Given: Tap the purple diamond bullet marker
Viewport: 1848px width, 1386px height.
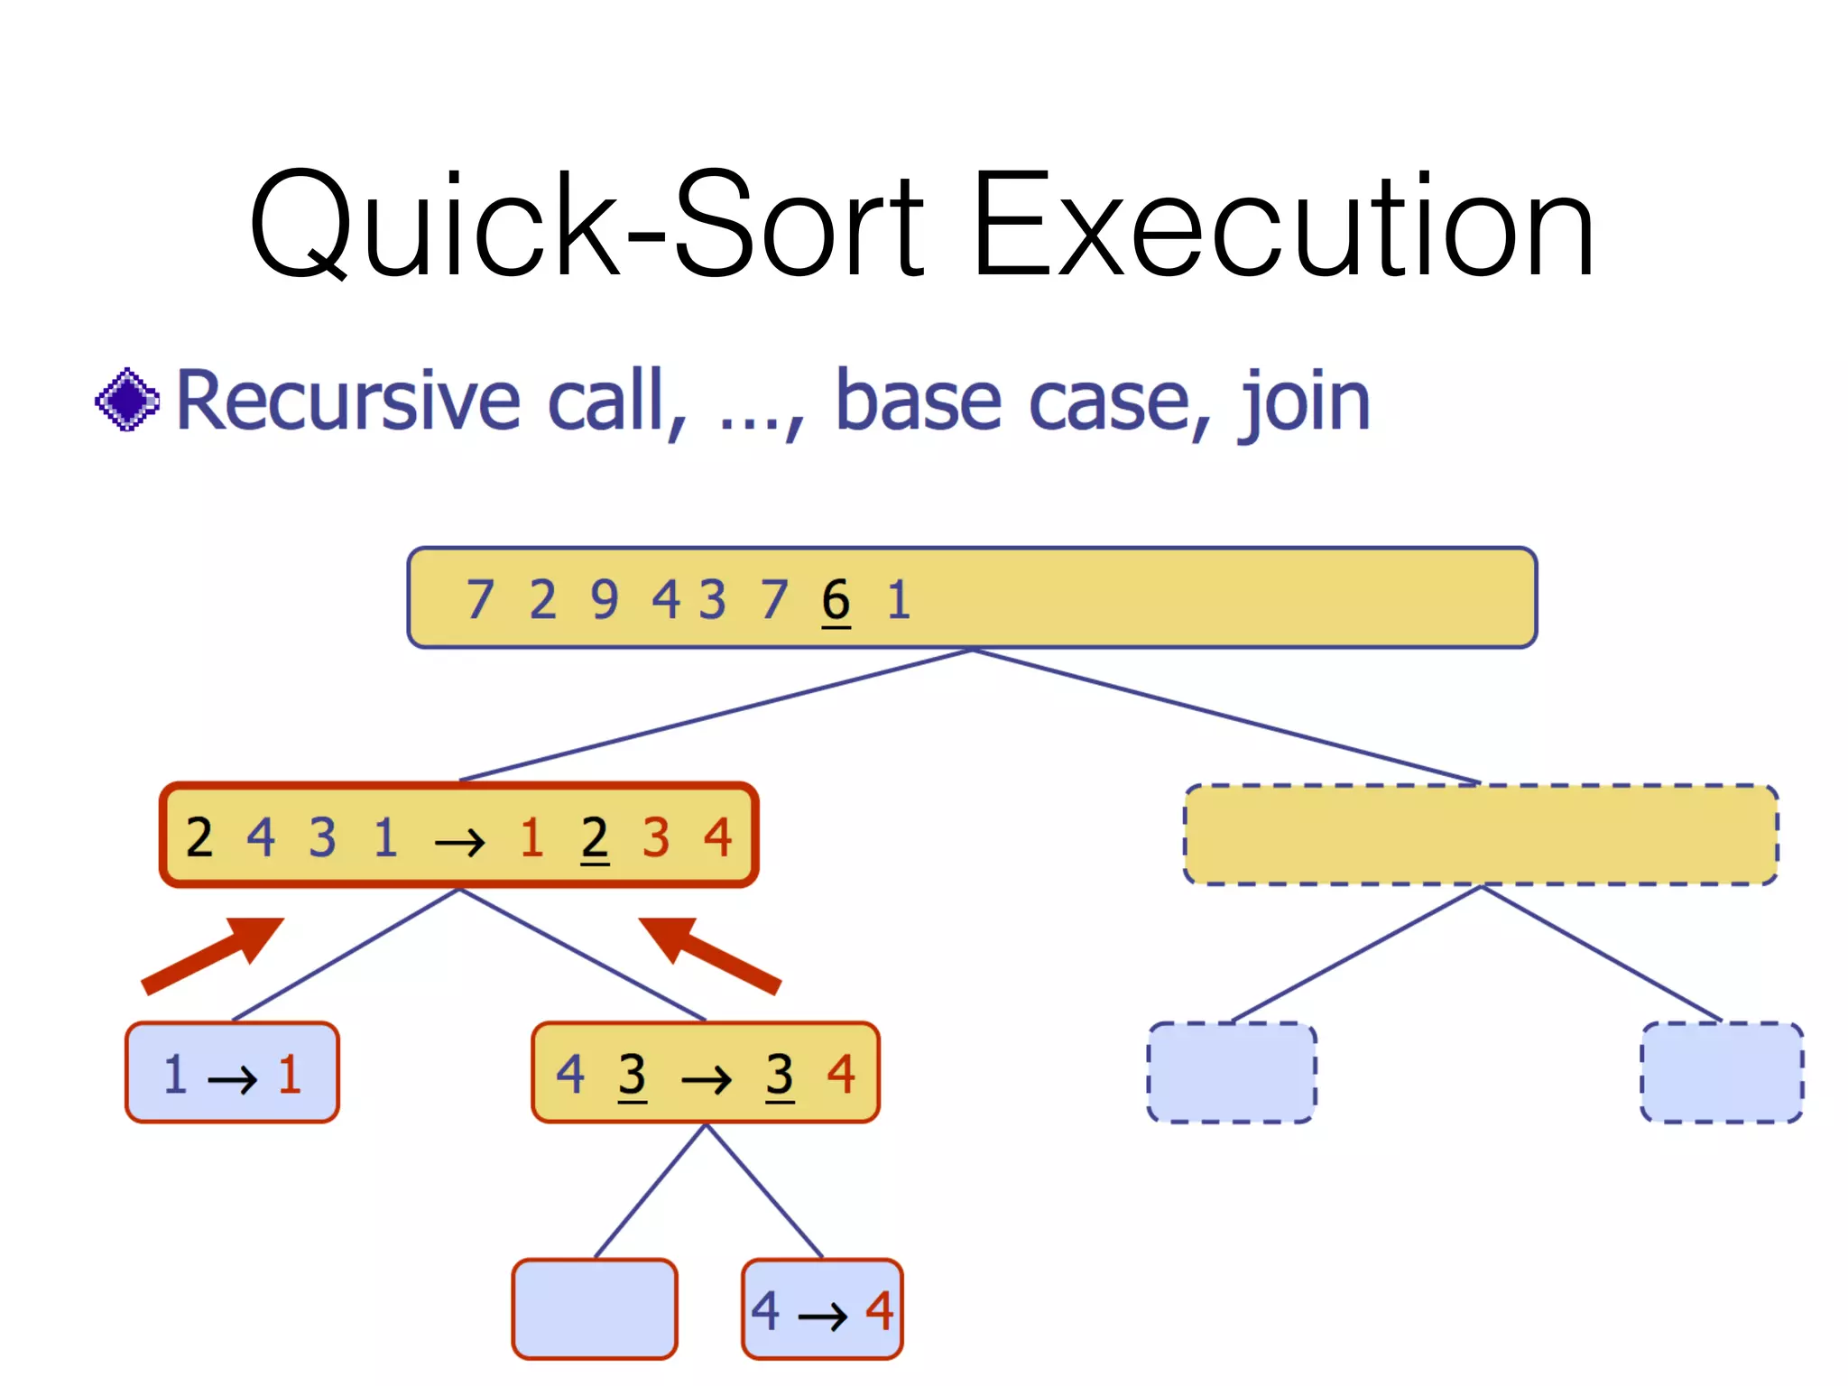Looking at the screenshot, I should point(127,399).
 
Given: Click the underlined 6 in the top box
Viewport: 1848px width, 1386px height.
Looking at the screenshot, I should point(836,600).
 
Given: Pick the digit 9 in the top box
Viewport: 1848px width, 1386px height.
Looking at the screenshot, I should point(605,600).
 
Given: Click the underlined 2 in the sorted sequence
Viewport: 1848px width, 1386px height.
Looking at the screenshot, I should point(594,837).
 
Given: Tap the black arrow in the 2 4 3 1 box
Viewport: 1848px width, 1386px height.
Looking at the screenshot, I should point(459,843).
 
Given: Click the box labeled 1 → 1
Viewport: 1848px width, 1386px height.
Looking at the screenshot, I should point(232,1073).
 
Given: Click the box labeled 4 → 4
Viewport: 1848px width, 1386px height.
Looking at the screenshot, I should point(822,1309).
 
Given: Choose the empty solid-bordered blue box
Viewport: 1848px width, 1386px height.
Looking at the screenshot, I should point(595,1309).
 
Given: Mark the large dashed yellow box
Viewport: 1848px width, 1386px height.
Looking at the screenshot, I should point(1481,835).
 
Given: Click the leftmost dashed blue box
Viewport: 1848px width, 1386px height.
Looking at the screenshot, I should point(1232,1073).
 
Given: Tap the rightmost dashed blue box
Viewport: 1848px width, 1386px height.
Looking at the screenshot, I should point(1722,1073).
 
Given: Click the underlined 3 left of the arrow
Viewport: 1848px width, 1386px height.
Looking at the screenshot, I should point(632,1075).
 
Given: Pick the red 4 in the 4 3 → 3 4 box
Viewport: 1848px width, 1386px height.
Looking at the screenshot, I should point(841,1075).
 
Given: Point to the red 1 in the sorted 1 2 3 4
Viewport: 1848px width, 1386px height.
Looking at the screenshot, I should point(531,837).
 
